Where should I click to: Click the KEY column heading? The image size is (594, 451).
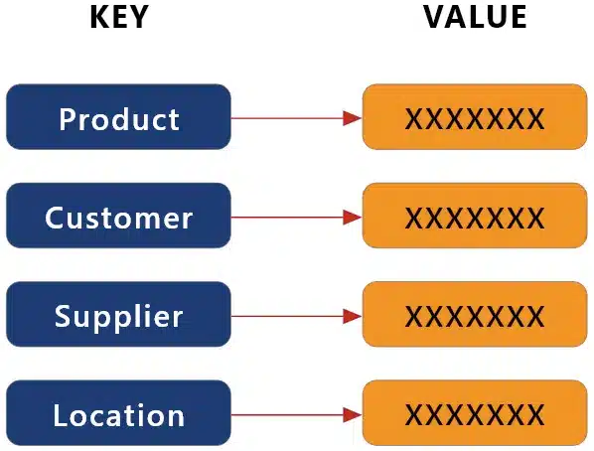pyautogui.click(x=118, y=18)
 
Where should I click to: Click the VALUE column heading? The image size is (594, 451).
pyautogui.click(x=475, y=18)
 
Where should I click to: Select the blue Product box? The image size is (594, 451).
pyautogui.click(x=118, y=117)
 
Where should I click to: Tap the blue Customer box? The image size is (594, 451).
pyautogui.click(x=118, y=216)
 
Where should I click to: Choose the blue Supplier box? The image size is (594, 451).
pyautogui.click(x=118, y=315)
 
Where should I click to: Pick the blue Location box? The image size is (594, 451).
pyautogui.click(x=118, y=414)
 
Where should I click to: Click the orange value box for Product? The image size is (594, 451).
pyautogui.click(x=474, y=117)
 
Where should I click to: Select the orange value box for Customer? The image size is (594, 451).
pyautogui.click(x=474, y=216)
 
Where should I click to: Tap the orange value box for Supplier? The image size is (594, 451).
pyautogui.click(x=474, y=315)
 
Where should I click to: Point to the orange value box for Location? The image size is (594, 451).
pyautogui.click(x=474, y=414)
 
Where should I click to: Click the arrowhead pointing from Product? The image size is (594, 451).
pyautogui.click(x=351, y=118)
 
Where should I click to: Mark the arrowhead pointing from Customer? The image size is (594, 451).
pyautogui.click(x=351, y=217)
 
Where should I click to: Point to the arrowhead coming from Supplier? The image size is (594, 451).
pyautogui.click(x=351, y=316)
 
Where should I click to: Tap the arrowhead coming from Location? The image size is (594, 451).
pyautogui.click(x=351, y=415)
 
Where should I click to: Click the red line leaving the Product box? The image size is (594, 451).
pyautogui.click(x=288, y=118)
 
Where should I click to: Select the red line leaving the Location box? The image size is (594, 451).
pyautogui.click(x=288, y=415)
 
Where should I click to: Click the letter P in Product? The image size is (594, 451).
pyautogui.click(x=68, y=118)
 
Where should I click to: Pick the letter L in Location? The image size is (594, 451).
pyautogui.click(x=62, y=415)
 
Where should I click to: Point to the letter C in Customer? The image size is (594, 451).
pyautogui.click(x=55, y=217)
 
